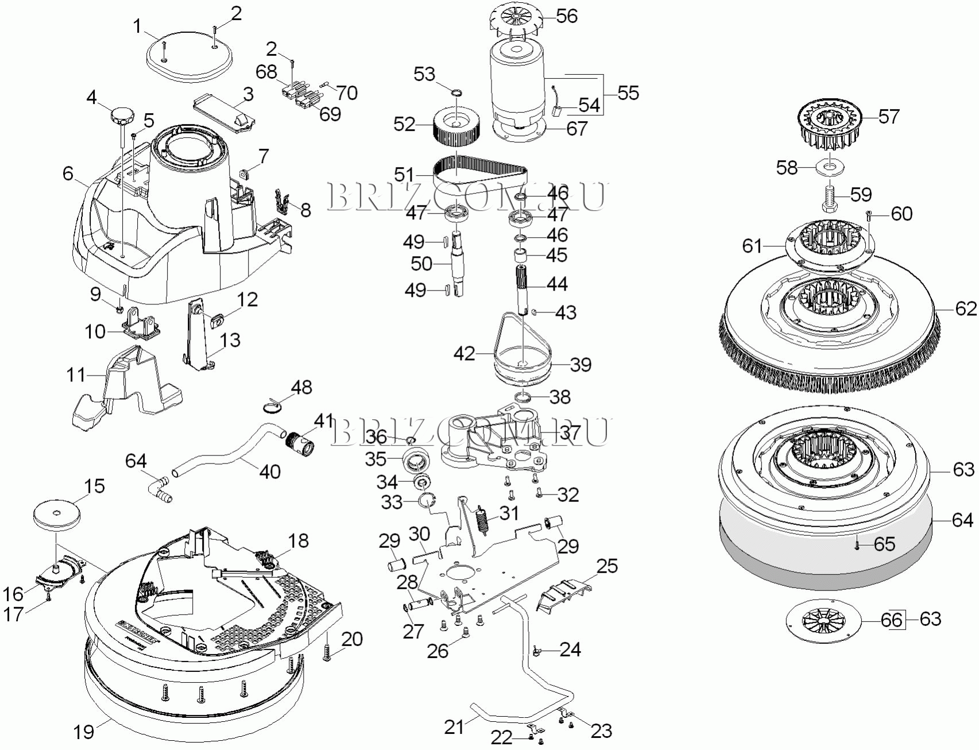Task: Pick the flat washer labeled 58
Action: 829,167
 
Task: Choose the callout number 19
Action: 84,732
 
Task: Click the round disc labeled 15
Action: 56,512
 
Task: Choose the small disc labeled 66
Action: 824,620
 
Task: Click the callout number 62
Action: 966,309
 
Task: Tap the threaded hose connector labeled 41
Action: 301,443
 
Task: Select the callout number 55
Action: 628,93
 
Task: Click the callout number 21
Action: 454,727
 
